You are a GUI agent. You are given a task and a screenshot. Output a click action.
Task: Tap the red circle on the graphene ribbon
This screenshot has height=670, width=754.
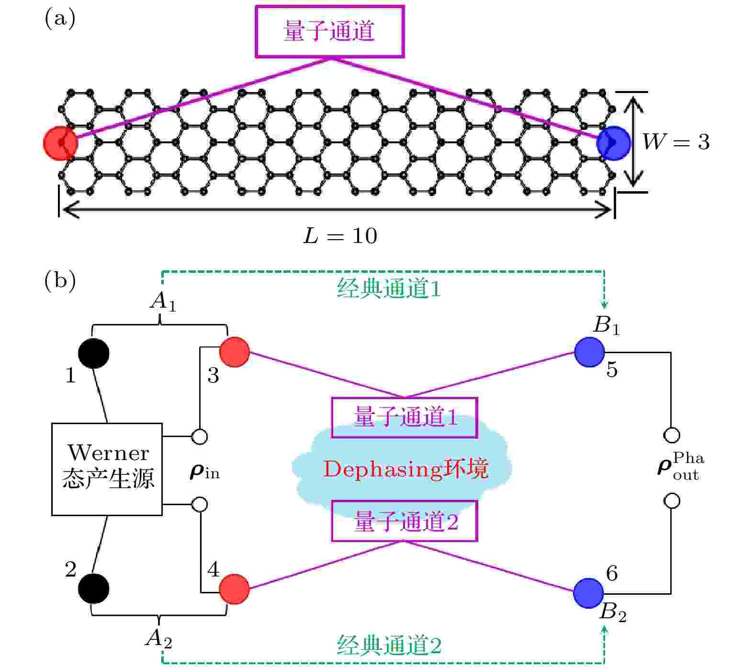[60, 143]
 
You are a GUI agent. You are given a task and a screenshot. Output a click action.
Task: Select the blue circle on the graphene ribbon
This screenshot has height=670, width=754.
[614, 143]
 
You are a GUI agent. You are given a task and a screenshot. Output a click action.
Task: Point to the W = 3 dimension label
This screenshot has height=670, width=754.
[676, 142]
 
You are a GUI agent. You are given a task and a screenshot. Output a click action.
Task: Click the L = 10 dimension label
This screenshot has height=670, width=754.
[340, 236]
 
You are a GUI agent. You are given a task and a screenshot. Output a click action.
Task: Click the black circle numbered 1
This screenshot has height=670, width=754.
[94, 353]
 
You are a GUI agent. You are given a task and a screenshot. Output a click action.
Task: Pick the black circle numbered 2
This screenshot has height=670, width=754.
[94, 589]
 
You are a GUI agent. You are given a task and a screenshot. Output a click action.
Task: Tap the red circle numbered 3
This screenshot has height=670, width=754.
[235, 352]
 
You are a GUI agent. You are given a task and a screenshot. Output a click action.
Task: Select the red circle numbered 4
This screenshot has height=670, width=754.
[235, 589]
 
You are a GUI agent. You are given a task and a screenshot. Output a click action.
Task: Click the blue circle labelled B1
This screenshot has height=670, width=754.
[589, 352]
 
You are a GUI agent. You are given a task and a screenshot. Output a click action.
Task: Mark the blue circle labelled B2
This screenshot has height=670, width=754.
[588, 593]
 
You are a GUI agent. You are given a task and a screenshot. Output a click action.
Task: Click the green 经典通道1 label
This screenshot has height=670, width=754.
[389, 289]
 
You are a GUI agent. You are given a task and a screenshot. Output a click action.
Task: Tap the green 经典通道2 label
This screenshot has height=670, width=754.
[389, 646]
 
